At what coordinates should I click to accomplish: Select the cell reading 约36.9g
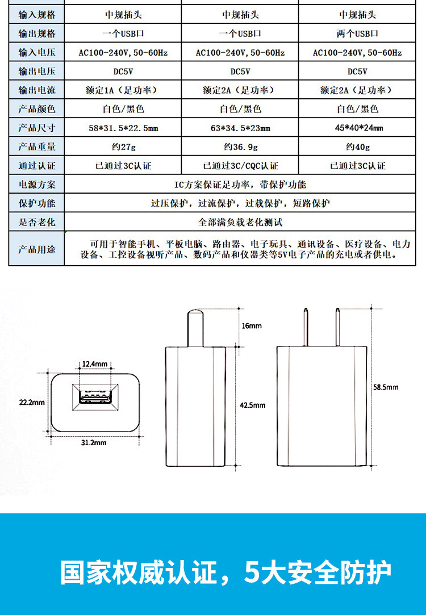coord(240,147)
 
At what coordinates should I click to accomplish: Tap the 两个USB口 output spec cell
coord(357,34)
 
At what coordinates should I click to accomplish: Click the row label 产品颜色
coord(37,108)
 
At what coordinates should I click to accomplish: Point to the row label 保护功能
coord(37,203)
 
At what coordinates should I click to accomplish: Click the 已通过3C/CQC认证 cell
coord(240,166)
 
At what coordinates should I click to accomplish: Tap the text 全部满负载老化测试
coord(240,222)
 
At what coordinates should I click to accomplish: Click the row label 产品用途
coord(37,249)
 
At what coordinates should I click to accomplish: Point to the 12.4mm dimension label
coord(95,363)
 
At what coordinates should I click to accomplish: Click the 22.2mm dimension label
coord(32,402)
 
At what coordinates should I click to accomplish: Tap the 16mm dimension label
coord(251,326)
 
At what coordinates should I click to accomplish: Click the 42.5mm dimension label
coord(252,405)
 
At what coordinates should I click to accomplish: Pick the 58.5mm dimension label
coord(386,387)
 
